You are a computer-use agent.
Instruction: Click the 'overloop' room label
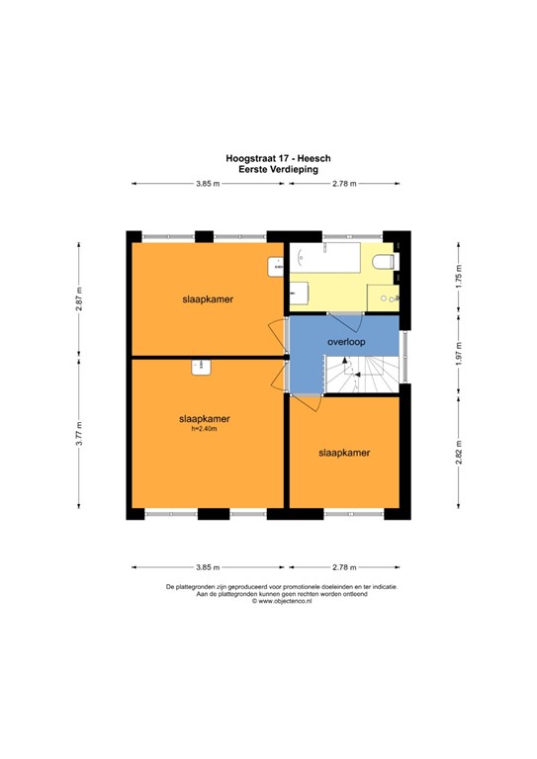(x=347, y=342)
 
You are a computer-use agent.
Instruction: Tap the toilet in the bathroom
(x=388, y=261)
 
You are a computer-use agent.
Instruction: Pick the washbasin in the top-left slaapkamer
(x=277, y=265)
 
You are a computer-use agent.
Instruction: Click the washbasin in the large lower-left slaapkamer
(x=202, y=367)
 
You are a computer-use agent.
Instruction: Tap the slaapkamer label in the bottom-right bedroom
(x=343, y=453)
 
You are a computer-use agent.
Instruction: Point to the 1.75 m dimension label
(x=458, y=272)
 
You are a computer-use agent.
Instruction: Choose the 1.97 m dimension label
(x=458, y=353)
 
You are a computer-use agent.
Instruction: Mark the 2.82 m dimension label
(x=458, y=454)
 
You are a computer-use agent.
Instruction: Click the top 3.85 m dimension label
(x=207, y=184)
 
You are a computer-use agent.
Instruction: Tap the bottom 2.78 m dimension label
(x=344, y=567)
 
